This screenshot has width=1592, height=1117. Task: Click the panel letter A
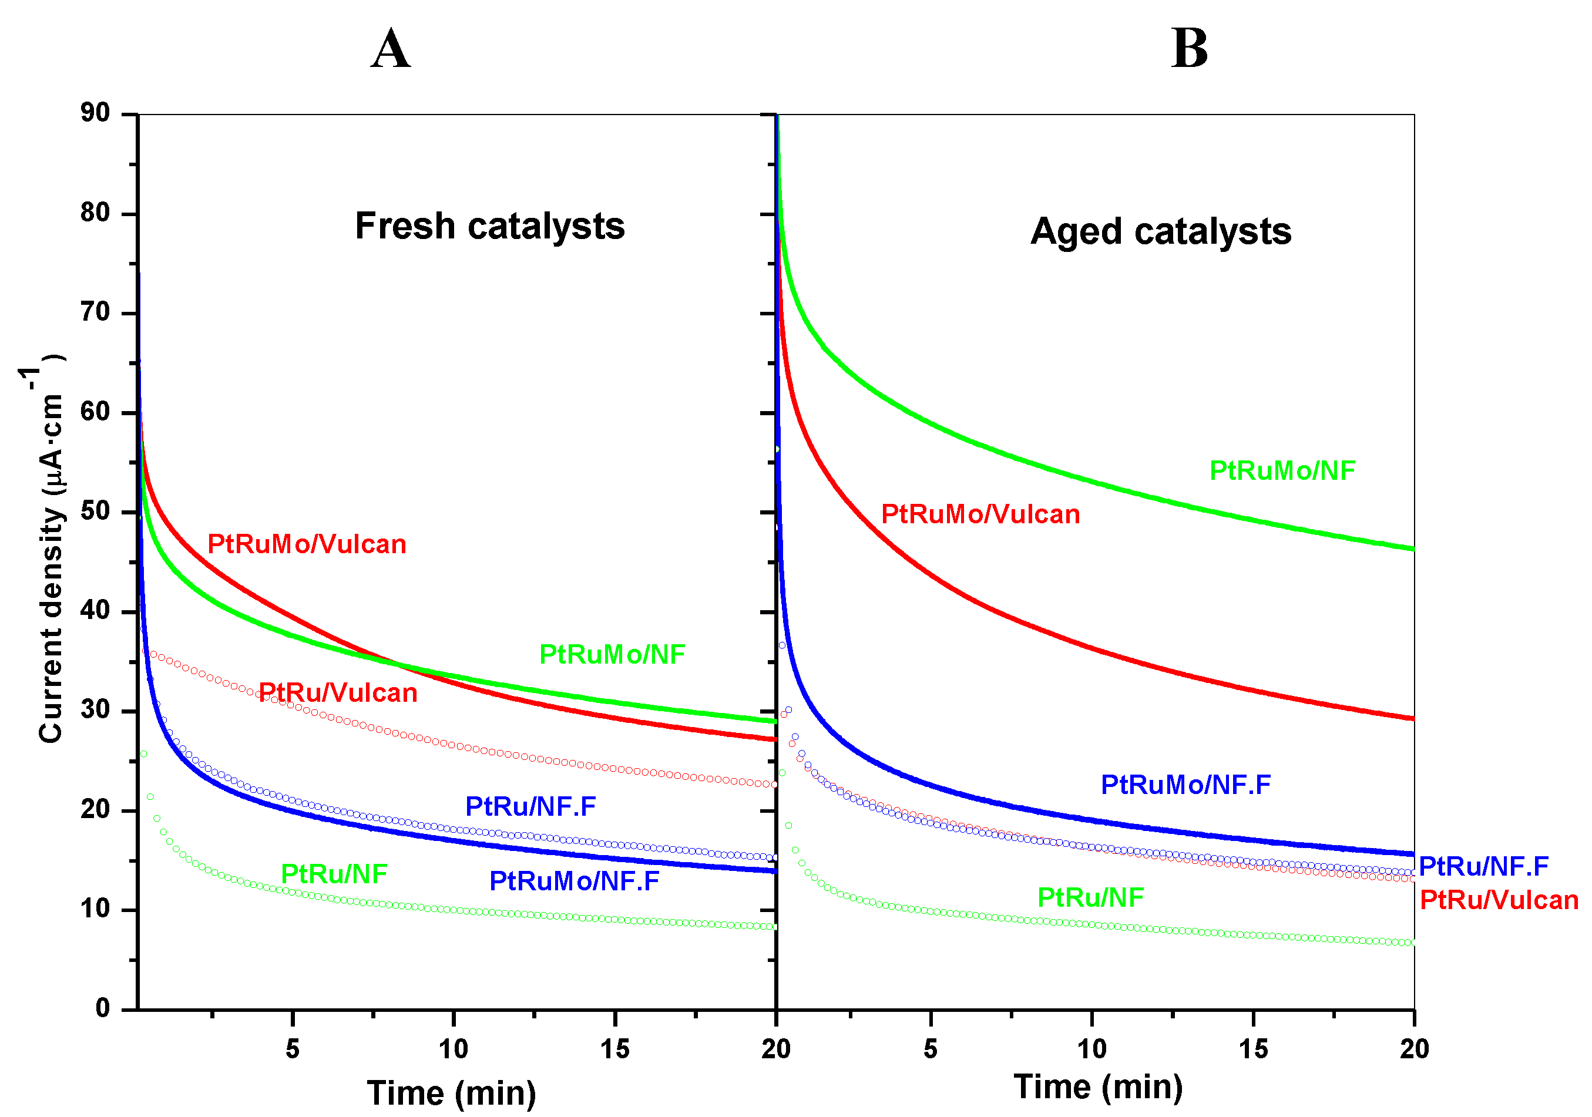pos(391,50)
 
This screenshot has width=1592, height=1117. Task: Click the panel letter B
pos(1188,50)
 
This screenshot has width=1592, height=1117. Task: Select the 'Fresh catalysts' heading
pos(489,227)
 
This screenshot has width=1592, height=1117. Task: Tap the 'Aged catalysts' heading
pos(1160,231)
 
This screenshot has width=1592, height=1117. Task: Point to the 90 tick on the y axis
pos(96,113)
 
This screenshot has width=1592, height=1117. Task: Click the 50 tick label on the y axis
pos(96,512)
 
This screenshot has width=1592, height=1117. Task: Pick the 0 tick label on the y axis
pos(103,1009)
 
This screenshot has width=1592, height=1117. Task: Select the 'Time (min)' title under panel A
pos(451,1094)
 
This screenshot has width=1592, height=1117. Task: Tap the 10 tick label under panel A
pos(454,1049)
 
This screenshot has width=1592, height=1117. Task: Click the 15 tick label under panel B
pos(1253,1049)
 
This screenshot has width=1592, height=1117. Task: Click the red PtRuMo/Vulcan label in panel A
pos(307,544)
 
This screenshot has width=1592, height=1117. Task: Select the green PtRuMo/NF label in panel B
pos(1281,471)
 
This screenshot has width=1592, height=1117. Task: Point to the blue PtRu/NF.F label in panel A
pos(530,806)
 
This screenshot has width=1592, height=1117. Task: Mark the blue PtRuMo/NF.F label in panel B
pos(1185,785)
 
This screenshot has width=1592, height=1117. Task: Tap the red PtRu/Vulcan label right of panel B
pos(1499,900)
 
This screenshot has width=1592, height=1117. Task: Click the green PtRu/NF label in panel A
pos(334,874)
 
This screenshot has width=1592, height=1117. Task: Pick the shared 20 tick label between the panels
pos(776,1049)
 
